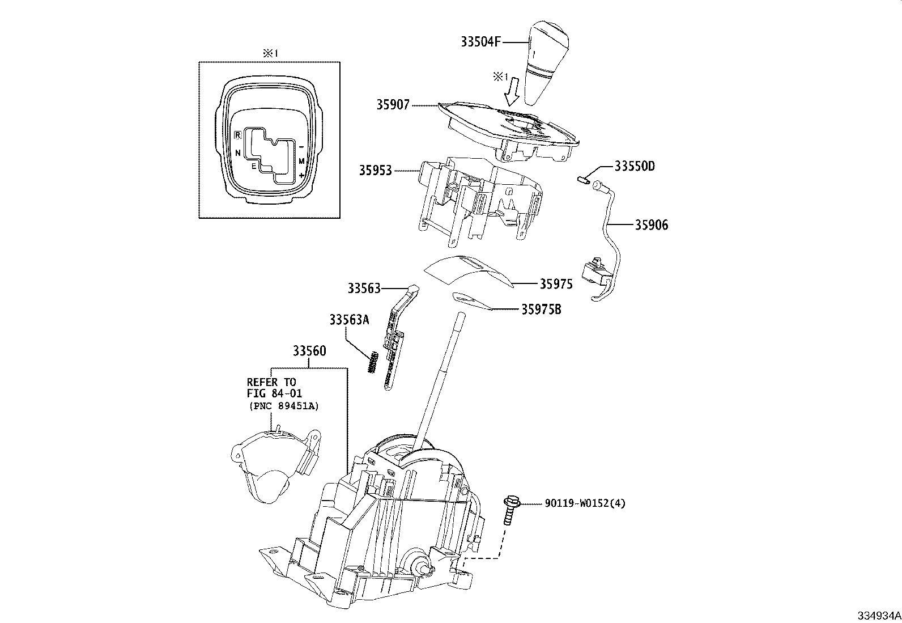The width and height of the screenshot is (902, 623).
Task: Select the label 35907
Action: click(x=392, y=105)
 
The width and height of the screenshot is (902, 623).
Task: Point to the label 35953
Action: click(x=375, y=170)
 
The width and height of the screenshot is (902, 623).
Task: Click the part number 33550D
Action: click(x=635, y=167)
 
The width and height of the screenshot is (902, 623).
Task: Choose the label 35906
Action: click(x=651, y=225)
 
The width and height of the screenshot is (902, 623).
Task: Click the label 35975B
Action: click(x=541, y=310)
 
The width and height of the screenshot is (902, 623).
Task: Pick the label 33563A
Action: click(x=349, y=320)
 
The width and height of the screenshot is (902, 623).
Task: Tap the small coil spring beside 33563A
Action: click(x=372, y=362)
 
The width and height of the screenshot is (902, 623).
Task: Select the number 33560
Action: click(x=309, y=351)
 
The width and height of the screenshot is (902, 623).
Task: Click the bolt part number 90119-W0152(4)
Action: click(x=585, y=503)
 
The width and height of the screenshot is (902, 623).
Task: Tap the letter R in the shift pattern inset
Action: click(x=239, y=135)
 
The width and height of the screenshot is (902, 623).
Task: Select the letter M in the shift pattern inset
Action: click(x=302, y=162)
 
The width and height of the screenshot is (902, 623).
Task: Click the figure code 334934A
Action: click(x=878, y=616)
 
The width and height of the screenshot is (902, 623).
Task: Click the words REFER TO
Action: click(x=271, y=382)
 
